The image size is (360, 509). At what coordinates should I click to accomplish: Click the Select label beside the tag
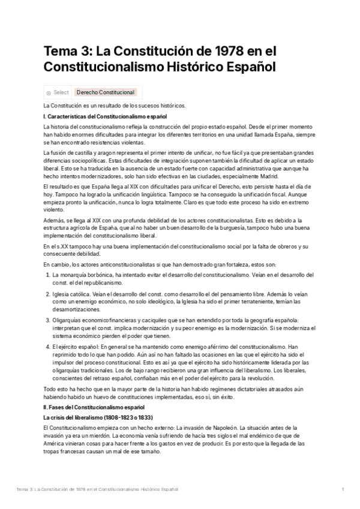click(x=61, y=92)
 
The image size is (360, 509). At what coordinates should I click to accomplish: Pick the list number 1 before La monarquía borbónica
click(x=48, y=274)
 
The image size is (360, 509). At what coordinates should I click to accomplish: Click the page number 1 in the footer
click(x=343, y=490)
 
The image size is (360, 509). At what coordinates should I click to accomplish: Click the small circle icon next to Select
click(x=49, y=93)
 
